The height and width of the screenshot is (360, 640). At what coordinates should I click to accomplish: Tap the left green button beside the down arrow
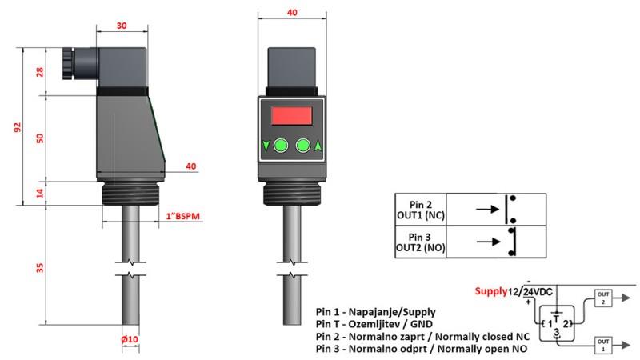[x=279, y=146]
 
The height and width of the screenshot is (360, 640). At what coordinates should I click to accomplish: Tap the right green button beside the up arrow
[x=302, y=146]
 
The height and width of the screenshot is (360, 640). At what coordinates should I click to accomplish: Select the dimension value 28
[x=40, y=71]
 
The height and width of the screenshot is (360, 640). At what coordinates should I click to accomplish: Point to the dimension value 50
[x=40, y=138]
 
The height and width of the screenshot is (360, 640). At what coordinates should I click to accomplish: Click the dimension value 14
[x=40, y=192]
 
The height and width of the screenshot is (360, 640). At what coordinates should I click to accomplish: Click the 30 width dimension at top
[x=122, y=25]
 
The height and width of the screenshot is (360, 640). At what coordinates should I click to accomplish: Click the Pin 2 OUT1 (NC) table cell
[x=421, y=210]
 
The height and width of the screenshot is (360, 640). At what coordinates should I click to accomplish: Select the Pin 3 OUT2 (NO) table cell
[x=421, y=242]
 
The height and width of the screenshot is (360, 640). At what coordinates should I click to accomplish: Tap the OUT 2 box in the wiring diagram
[x=602, y=299]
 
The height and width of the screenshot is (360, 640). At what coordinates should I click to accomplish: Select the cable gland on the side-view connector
[x=64, y=60]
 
